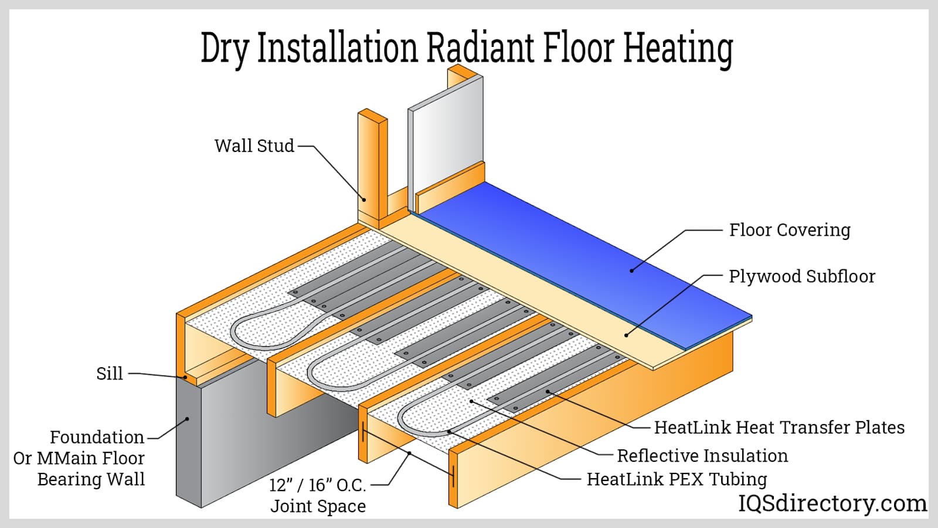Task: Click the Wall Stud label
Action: (x=254, y=146)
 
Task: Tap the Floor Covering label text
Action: (x=789, y=230)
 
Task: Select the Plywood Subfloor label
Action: (x=801, y=276)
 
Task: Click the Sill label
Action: (x=110, y=374)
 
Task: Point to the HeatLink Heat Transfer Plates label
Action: (x=779, y=428)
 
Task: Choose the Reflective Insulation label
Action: (x=702, y=456)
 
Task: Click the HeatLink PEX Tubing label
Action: (x=677, y=479)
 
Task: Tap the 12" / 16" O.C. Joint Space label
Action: (x=318, y=496)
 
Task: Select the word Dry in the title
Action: (x=225, y=49)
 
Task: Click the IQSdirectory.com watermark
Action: (x=832, y=503)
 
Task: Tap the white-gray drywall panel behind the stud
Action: (x=446, y=135)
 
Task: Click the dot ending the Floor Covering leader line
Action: (x=631, y=270)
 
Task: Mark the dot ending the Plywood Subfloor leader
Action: (x=626, y=336)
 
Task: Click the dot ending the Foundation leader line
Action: (x=188, y=419)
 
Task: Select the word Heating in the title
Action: (x=678, y=49)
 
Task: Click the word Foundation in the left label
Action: (x=97, y=438)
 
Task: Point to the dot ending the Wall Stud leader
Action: (x=363, y=199)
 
